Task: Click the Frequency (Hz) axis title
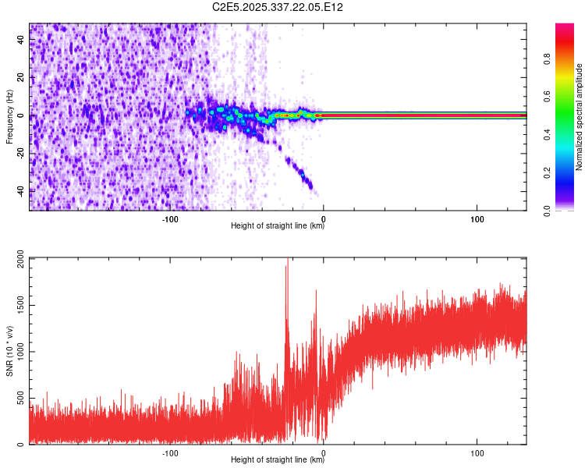coord(9,117)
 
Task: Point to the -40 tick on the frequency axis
coord(19,190)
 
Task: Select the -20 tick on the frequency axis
coord(19,153)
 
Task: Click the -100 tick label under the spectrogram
coord(170,219)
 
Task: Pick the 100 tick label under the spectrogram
coord(477,219)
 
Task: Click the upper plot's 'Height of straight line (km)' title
coord(278,227)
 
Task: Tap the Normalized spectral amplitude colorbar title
coord(580,117)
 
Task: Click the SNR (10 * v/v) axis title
coord(9,351)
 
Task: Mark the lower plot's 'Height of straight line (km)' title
coord(278,460)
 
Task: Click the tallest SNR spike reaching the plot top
coord(287,262)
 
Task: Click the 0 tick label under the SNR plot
coord(324,452)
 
